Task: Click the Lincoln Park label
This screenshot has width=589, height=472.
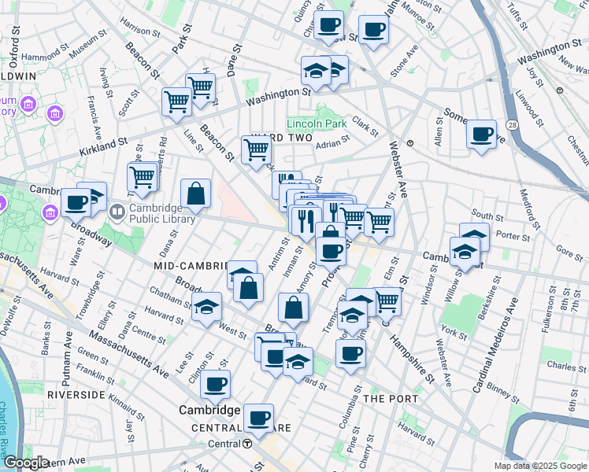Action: [317, 124]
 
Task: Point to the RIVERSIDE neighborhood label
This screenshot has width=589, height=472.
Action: [76, 394]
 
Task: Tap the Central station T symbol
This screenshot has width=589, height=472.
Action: [247, 444]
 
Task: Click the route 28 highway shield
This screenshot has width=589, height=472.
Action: [513, 125]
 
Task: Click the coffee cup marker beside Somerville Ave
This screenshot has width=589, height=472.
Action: [480, 134]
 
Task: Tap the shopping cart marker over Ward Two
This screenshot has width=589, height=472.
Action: [256, 149]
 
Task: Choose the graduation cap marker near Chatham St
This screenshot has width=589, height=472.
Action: [207, 307]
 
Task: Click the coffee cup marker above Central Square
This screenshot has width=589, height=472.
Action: [258, 417]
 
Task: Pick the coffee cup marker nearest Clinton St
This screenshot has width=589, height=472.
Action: [214, 385]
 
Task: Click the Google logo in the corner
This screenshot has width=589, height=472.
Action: [26, 463]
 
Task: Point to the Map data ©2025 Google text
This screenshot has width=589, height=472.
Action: [539, 466]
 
